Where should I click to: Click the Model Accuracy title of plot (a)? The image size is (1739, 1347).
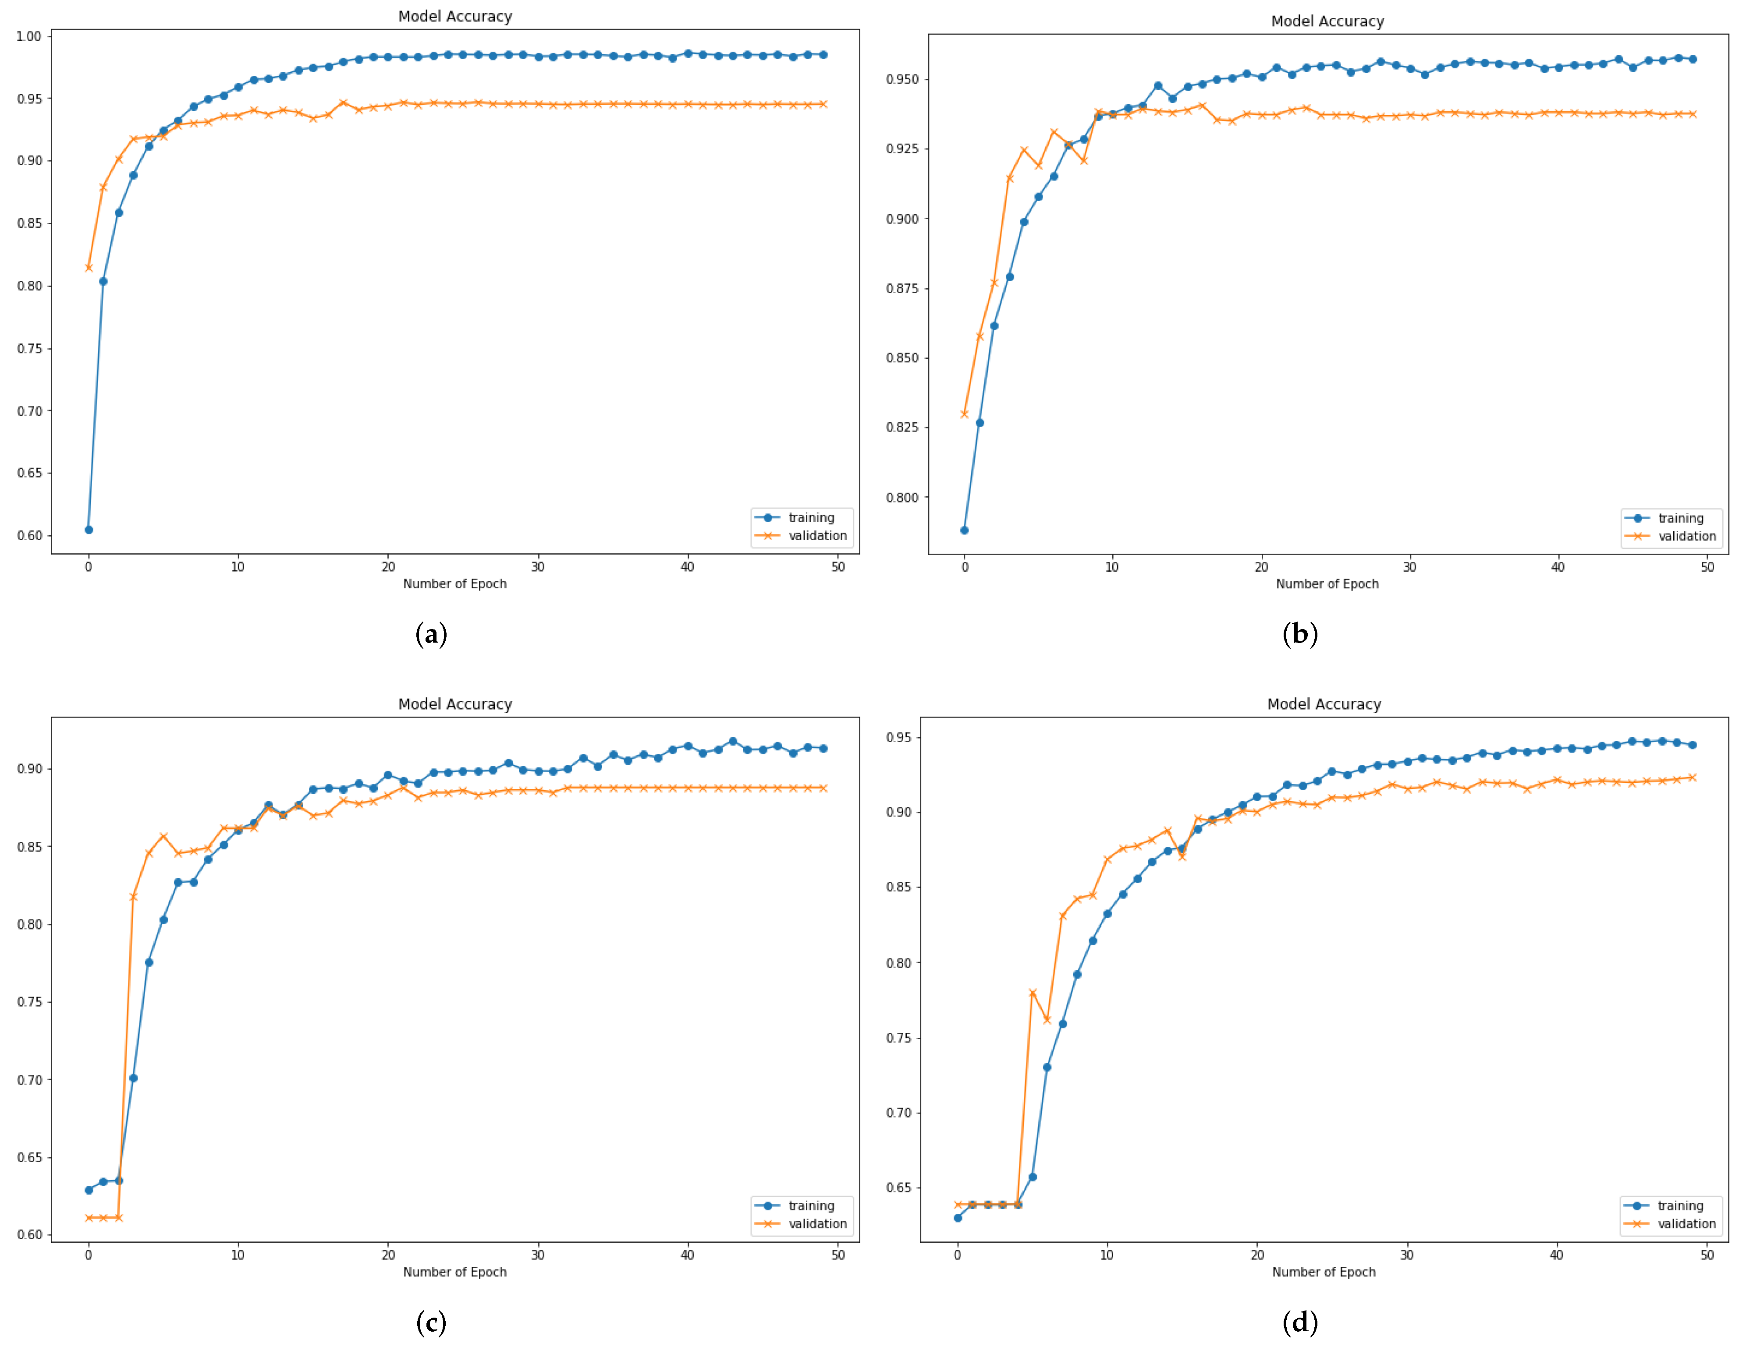pos(454,16)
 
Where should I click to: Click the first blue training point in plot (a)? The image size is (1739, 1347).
pos(89,530)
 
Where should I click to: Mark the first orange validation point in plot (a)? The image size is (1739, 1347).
pos(89,268)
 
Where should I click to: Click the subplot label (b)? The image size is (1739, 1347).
pos(1299,634)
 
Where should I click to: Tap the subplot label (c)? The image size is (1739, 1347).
pos(431,1322)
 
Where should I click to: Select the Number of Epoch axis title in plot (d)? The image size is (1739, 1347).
pos(1324,1272)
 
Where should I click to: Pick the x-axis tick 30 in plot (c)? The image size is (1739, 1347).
pos(537,1255)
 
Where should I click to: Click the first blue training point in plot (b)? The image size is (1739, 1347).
pos(964,530)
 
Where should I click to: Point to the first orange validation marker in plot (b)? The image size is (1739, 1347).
pos(964,414)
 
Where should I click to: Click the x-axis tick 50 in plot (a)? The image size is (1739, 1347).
pos(838,567)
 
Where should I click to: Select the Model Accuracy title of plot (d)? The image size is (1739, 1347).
pos(1324,704)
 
